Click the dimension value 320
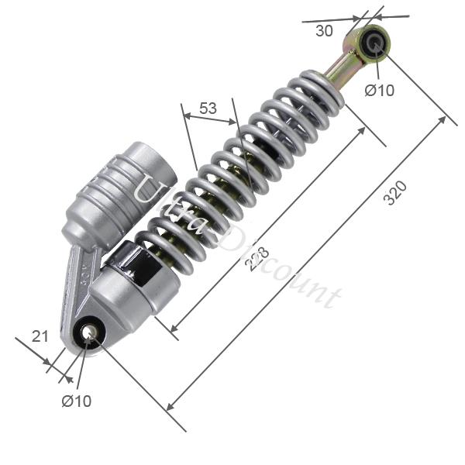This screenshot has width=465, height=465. pos(395,194)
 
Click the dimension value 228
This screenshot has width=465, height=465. pos(253,258)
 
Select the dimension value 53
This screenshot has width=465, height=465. pos(208,108)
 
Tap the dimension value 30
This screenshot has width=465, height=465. pos(324,32)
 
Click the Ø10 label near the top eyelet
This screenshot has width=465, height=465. pos(380,91)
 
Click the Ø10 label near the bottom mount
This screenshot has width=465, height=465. pos(77,401)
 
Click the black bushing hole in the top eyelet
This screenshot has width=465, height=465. pos(377,42)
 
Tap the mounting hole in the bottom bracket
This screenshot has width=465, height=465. pos(90,332)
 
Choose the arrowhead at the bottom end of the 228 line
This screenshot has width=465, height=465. pos(173,329)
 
